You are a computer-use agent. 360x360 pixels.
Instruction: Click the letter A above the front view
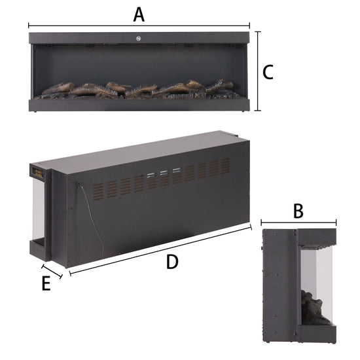point(138,13)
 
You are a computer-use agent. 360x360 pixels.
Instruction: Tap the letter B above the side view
point(298,211)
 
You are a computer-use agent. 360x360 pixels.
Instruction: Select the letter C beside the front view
point(267,72)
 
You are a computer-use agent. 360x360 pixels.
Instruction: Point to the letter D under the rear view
point(172,262)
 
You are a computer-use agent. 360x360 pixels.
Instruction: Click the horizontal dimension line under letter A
point(139,27)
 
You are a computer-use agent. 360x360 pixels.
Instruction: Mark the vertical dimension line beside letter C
point(257,72)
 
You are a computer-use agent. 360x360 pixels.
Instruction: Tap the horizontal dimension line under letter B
point(298,223)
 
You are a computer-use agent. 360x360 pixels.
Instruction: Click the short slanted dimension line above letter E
point(52,272)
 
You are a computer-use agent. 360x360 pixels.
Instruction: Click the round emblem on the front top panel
point(139,37)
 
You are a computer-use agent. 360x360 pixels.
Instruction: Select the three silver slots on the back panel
point(160,175)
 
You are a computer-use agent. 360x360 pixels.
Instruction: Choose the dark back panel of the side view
point(278,288)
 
